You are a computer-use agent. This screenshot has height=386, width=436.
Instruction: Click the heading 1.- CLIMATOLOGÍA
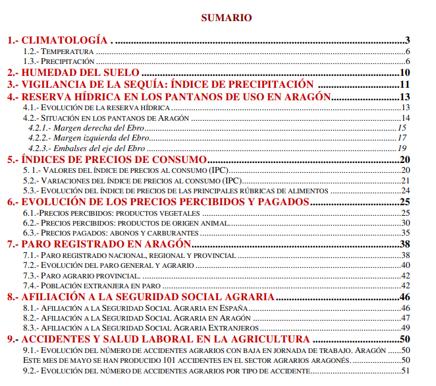pos(59,40)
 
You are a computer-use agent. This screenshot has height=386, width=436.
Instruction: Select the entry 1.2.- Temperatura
pos(59,51)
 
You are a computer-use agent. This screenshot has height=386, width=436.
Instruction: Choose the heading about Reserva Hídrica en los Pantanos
pos(168,96)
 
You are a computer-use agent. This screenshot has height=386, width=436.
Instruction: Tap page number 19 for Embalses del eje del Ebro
pos(402,148)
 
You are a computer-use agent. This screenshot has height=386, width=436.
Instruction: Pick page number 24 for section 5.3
pos(405,190)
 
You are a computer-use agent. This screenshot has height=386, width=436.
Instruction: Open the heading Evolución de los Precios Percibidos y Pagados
pos(158,201)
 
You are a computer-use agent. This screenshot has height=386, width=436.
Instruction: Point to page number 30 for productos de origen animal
pos(405,223)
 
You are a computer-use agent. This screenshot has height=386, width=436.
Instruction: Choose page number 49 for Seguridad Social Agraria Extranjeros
pos(405,327)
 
